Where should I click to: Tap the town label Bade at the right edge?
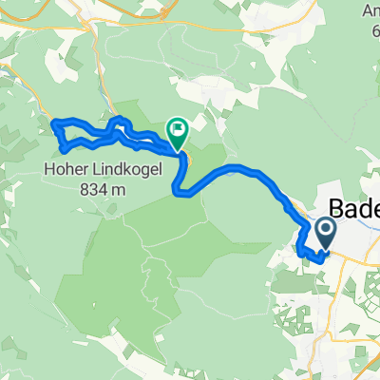click(x=354, y=210)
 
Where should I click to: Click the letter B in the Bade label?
click(x=337, y=210)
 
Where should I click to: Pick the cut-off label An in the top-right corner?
click(x=369, y=11)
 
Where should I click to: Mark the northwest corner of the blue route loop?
click(x=53, y=122)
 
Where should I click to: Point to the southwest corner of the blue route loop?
click(x=63, y=149)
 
